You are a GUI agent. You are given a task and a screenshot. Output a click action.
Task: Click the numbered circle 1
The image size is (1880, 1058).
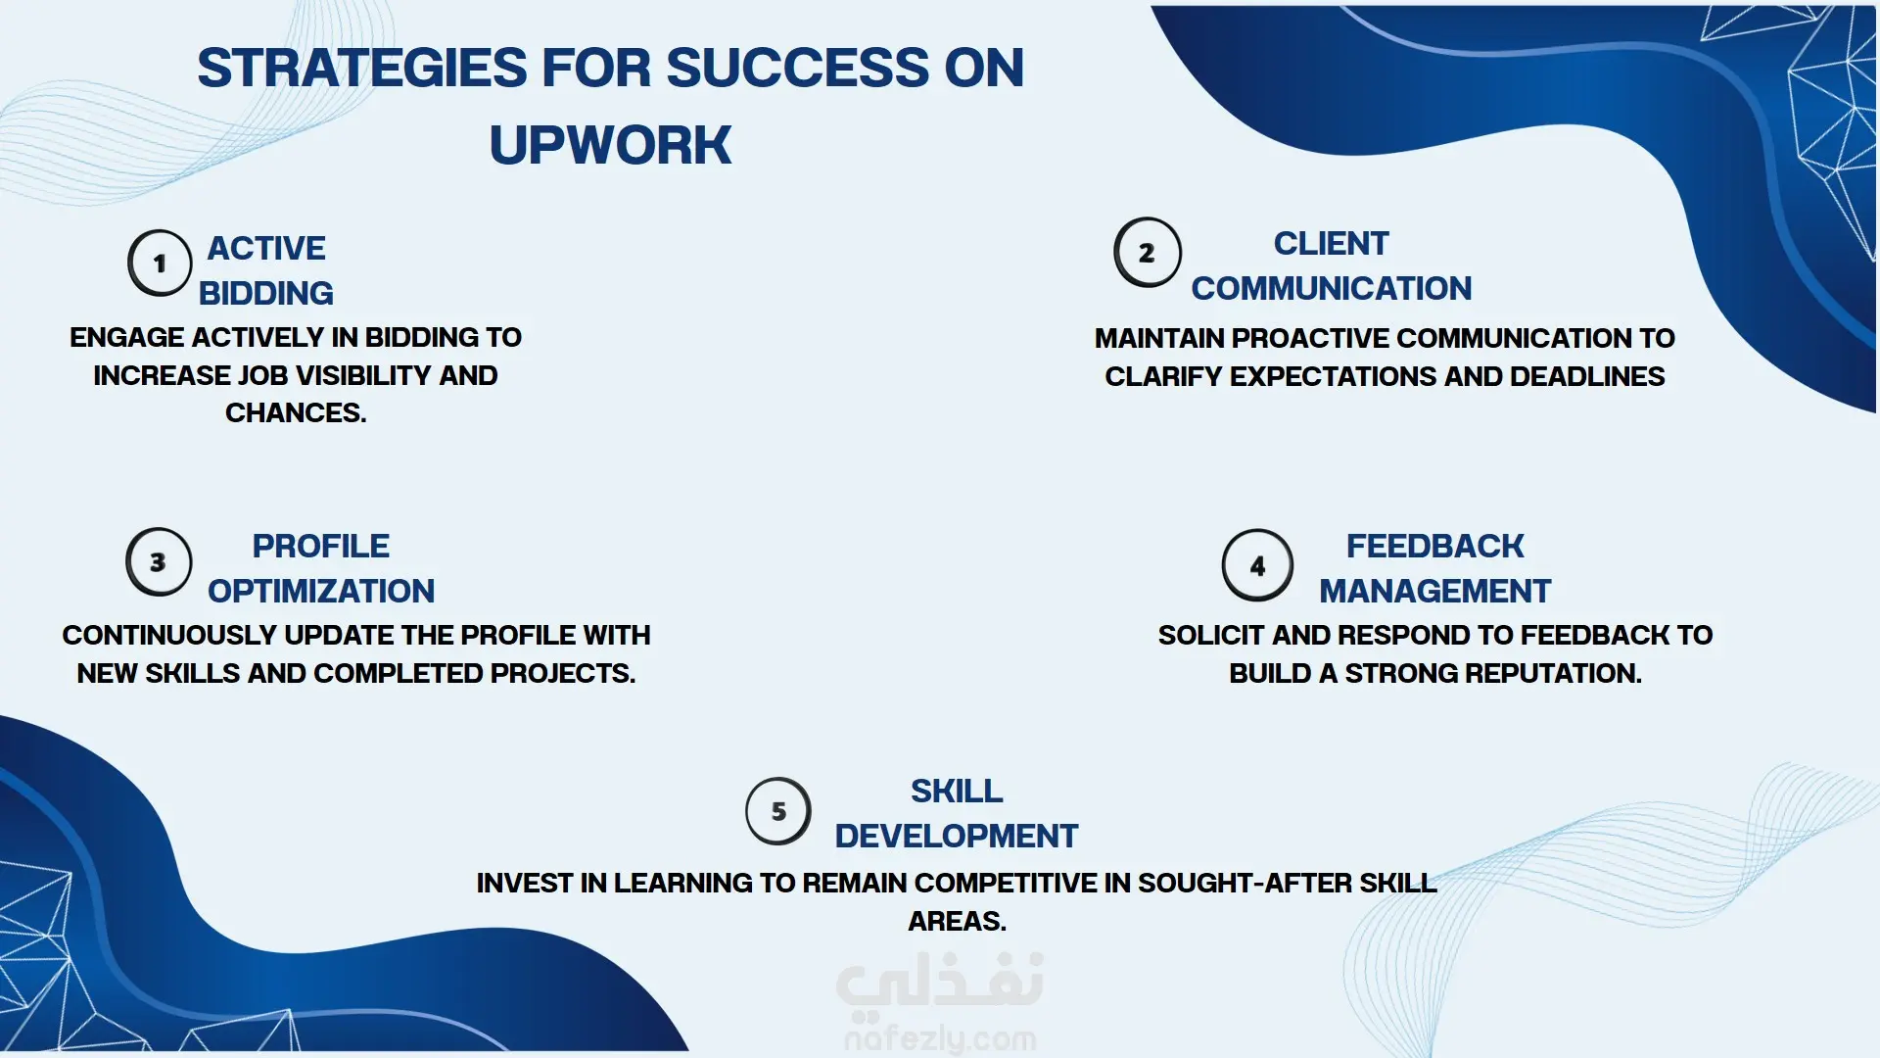[x=160, y=264]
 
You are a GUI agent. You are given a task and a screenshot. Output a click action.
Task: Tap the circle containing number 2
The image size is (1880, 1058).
[x=1148, y=253]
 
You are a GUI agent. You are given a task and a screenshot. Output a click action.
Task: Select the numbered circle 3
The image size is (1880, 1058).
[x=159, y=562]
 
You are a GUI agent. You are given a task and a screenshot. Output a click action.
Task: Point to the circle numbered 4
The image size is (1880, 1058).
[x=1258, y=565]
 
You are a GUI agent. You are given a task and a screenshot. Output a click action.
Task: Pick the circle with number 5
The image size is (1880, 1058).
[x=778, y=811]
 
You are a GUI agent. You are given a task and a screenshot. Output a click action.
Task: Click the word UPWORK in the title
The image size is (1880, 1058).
[x=610, y=145]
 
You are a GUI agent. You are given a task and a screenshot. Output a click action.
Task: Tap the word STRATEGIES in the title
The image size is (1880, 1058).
[x=362, y=68]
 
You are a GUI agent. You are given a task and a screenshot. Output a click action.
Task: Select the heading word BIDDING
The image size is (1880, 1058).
[x=266, y=293]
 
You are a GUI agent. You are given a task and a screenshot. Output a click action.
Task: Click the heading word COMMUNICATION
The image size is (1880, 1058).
[x=1332, y=288]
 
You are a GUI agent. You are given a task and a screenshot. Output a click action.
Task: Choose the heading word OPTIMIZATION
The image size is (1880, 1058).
[x=321, y=591]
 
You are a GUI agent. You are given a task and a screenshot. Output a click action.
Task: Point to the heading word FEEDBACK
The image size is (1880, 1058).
[x=1435, y=546]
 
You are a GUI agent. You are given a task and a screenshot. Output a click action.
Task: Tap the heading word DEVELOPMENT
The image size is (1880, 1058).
[x=957, y=836]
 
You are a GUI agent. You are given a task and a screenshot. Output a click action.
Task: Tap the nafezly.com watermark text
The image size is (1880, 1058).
[x=940, y=1037]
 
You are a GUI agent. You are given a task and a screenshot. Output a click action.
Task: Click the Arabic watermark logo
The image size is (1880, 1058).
[x=940, y=983]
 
